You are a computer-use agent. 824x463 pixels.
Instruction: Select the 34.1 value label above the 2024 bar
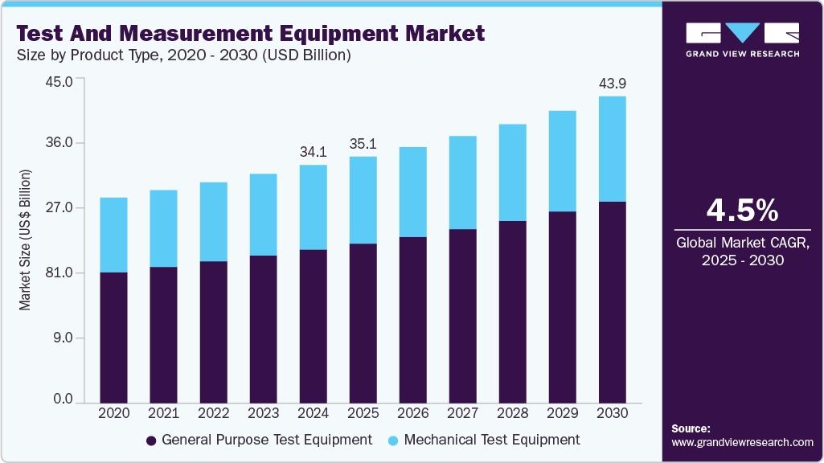click(313, 152)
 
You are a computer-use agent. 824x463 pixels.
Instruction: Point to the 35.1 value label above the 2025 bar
click(363, 145)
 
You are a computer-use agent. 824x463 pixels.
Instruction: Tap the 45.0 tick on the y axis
click(61, 81)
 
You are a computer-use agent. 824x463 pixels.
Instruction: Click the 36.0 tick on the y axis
click(61, 143)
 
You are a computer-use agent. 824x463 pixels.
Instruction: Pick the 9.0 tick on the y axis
click(64, 338)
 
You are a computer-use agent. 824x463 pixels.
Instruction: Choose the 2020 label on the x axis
click(113, 413)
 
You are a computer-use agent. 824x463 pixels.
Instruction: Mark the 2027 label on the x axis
click(462, 413)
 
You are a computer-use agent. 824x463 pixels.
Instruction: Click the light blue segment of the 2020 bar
click(113, 235)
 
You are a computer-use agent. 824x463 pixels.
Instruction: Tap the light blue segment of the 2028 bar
click(512, 172)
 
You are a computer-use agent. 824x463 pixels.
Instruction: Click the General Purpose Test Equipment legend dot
click(151, 440)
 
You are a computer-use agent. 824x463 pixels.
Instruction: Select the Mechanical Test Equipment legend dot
click(393, 440)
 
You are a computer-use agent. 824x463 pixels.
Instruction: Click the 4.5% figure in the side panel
click(742, 210)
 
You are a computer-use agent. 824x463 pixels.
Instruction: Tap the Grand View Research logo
click(742, 39)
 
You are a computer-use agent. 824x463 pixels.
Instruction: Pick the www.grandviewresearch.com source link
click(742, 442)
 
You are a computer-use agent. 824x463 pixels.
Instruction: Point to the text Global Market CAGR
click(742, 242)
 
